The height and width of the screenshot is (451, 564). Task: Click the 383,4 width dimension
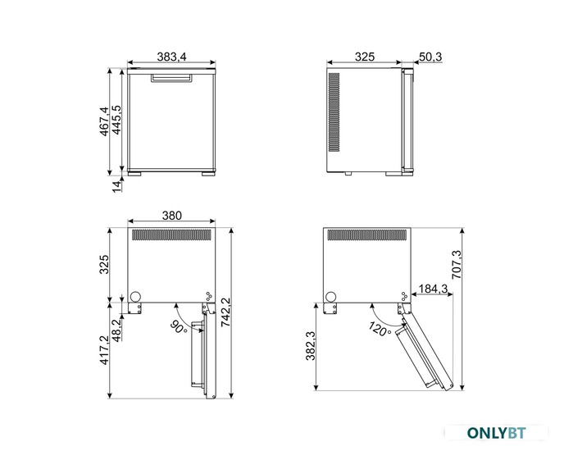pyautogui.click(x=171, y=57)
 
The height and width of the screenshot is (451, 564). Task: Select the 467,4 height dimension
pyautogui.click(x=104, y=121)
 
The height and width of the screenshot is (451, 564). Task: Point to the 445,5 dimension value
pyautogui.click(x=116, y=120)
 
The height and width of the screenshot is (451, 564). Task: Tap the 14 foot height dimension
pyautogui.click(x=116, y=186)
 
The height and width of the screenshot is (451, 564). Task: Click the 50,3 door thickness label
pyautogui.click(x=430, y=57)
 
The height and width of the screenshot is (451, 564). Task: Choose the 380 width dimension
pyautogui.click(x=172, y=215)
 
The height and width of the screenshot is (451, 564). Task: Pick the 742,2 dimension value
pyautogui.click(x=226, y=312)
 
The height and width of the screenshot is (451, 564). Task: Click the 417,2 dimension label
pyautogui.click(x=104, y=350)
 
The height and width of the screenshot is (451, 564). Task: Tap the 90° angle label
pyautogui.click(x=179, y=327)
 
